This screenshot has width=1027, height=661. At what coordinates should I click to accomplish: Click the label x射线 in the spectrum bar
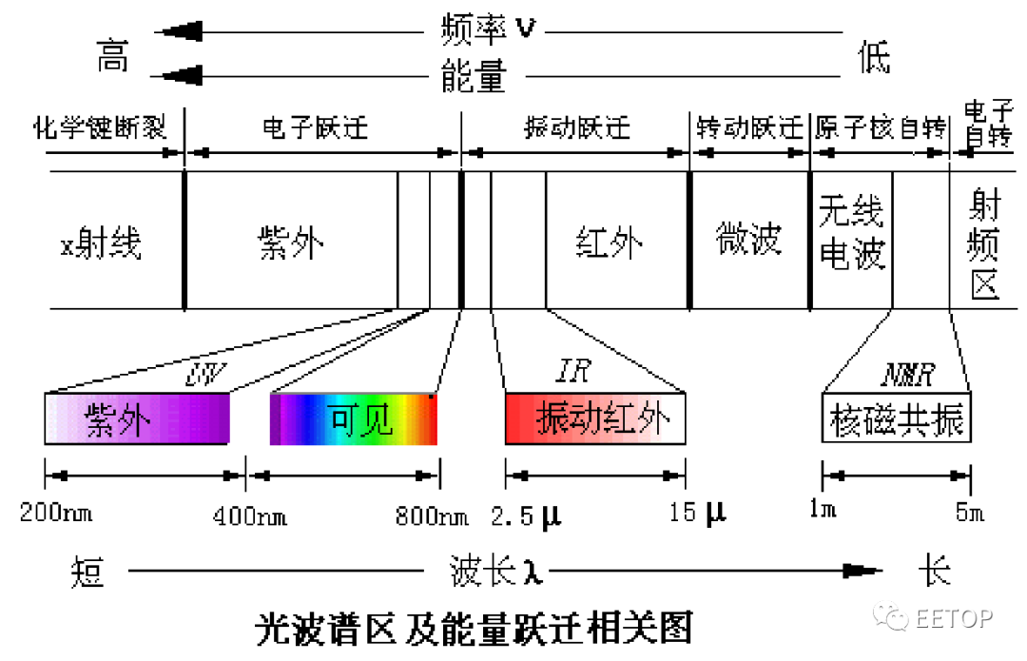(x=102, y=244)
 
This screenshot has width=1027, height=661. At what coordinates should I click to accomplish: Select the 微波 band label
(x=748, y=240)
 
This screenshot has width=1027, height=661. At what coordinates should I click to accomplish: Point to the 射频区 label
(x=984, y=243)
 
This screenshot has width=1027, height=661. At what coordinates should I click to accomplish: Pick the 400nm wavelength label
(x=249, y=516)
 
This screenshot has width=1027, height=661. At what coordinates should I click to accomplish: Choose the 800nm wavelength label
(x=431, y=516)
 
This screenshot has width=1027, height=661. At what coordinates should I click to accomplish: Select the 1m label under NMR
(x=823, y=512)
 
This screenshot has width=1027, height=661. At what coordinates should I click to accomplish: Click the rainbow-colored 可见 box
(x=354, y=419)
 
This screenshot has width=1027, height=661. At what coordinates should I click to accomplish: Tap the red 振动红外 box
(x=595, y=418)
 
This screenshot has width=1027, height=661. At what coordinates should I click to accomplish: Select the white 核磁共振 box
(x=896, y=418)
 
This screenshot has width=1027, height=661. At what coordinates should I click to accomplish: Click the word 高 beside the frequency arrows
(x=112, y=58)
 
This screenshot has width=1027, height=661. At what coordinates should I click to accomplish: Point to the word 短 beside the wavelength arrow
(x=87, y=573)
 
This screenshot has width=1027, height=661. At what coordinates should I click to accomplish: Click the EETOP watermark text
(x=954, y=618)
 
